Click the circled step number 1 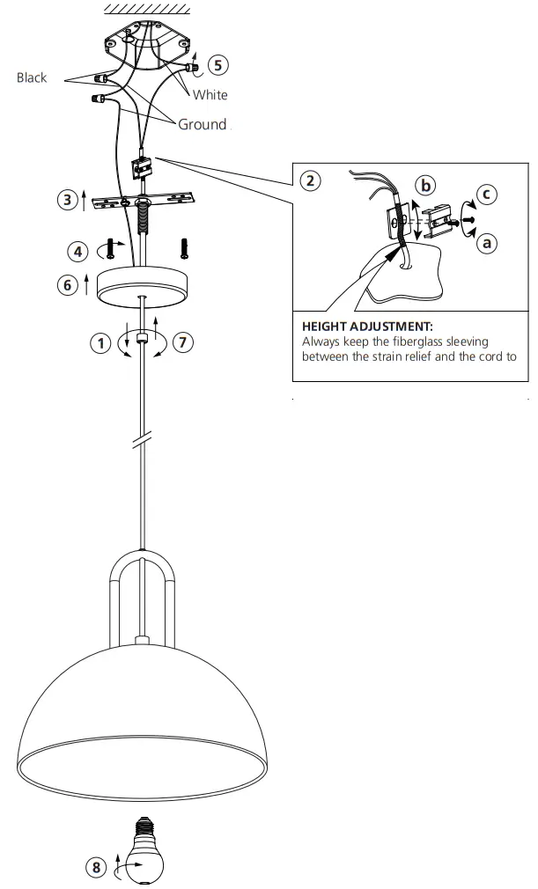[x=100, y=343]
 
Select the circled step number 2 [x=309, y=181]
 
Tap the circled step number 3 [x=68, y=200]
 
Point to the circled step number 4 [x=78, y=251]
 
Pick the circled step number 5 [x=218, y=64]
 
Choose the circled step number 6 [x=69, y=283]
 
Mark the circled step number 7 [x=182, y=343]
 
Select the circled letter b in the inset [x=426, y=185]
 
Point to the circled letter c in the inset [x=487, y=194]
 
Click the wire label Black [x=32, y=78]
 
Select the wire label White [x=210, y=95]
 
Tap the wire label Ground [x=202, y=124]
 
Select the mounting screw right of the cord [x=185, y=247]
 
